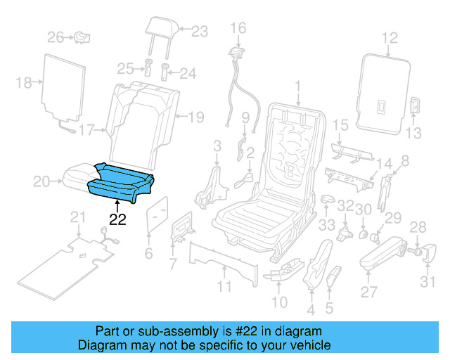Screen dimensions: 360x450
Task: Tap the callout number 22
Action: pos(117,219)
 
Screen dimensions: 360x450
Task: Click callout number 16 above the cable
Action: pos(238,28)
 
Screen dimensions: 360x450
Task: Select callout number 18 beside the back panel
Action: pos(24,83)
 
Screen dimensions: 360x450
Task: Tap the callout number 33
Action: pos(326,225)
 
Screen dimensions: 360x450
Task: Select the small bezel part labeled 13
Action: pos(415,106)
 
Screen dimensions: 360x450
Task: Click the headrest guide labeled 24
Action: pos(167,72)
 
